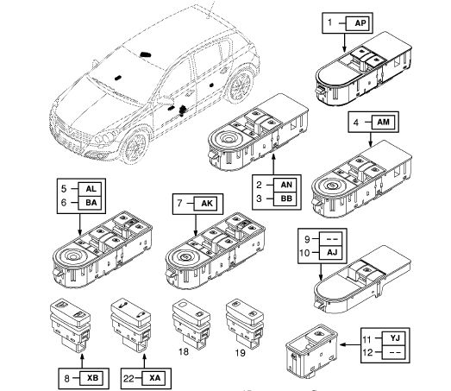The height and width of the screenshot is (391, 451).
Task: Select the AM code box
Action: (x=383, y=122)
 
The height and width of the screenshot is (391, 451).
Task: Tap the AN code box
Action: (x=285, y=185)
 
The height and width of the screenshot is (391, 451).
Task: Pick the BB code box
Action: (x=285, y=199)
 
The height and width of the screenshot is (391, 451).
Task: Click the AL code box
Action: (x=90, y=189)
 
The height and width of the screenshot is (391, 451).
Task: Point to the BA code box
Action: (x=90, y=203)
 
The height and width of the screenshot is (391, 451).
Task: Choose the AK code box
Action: (x=205, y=204)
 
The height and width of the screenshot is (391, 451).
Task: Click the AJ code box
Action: (x=331, y=253)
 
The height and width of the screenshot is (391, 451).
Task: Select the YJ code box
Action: (x=394, y=338)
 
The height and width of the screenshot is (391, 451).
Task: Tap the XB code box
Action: (x=91, y=378)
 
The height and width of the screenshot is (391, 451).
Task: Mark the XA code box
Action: (x=154, y=378)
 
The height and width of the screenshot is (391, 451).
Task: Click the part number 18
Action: (x=184, y=351)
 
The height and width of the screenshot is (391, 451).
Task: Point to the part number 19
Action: (x=241, y=352)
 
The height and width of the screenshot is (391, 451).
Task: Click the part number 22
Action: (x=128, y=378)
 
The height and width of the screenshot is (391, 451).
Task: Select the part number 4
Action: (x=356, y=123)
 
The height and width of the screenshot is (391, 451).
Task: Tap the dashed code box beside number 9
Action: (x=331, y=239)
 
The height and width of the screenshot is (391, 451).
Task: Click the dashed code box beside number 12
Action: (x=394, y=352)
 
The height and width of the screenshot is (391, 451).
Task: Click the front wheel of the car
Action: (x=136, y=146)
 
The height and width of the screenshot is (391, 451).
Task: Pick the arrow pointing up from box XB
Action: (x=82, y=362)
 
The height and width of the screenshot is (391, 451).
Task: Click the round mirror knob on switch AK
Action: (x=185, y=256)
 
